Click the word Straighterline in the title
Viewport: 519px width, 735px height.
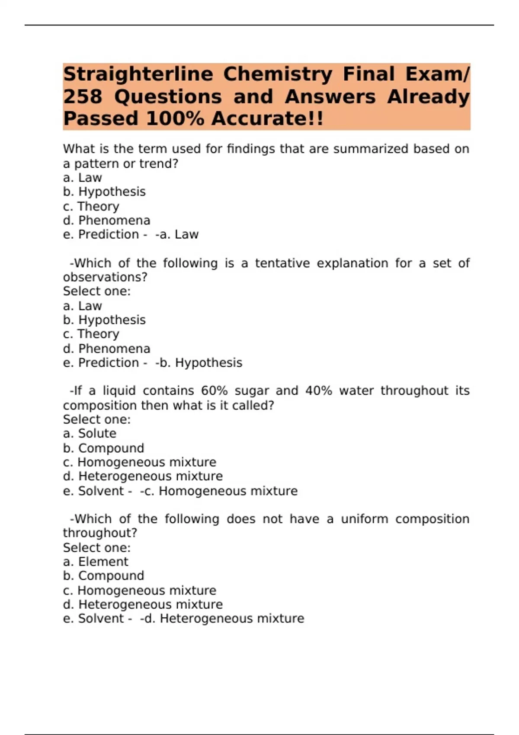[138, 74]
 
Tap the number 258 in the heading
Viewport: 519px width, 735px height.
[83, 97]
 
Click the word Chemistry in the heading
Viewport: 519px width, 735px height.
[278, 74]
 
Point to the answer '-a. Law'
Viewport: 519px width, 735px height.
[177, 235]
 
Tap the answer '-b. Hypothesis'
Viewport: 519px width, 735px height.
[199, 363]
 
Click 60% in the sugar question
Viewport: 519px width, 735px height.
[214, 391]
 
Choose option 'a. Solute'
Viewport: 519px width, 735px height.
[90, 434]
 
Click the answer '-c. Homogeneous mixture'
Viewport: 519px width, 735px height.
[219, 491]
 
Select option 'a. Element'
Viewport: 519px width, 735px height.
[96, 562]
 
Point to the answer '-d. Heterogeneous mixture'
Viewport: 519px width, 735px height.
[222, 619]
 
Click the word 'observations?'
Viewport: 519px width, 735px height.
[105, 277]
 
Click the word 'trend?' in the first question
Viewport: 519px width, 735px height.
[159, 164]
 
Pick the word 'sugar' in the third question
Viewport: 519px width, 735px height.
[252, 391]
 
